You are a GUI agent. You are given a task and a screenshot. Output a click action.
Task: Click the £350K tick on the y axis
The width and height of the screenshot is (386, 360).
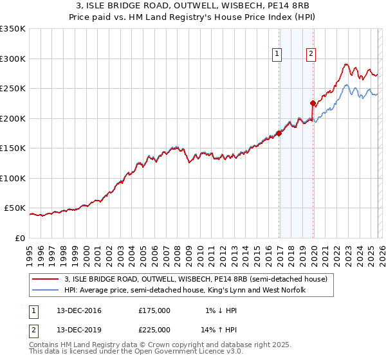pos(14,29)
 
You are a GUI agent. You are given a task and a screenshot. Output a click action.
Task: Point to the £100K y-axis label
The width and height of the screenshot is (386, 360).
pos(14,178)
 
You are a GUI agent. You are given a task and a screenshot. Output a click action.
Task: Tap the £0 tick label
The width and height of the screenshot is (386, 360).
pos(19,238)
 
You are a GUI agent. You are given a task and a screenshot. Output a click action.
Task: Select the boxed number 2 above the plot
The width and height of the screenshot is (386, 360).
pos(311,55)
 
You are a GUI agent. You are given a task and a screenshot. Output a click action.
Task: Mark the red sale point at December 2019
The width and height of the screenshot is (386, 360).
pos(313,103)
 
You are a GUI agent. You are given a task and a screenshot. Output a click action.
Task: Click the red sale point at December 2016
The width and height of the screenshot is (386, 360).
pos(279,133)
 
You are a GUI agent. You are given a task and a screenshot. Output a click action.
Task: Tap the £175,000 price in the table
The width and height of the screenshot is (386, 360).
pos(154,310)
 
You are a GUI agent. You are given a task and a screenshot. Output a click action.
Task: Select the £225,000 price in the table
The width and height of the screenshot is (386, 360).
pos(154,329)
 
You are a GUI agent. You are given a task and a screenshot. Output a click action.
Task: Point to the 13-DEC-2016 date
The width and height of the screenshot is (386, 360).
pos(79,310)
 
